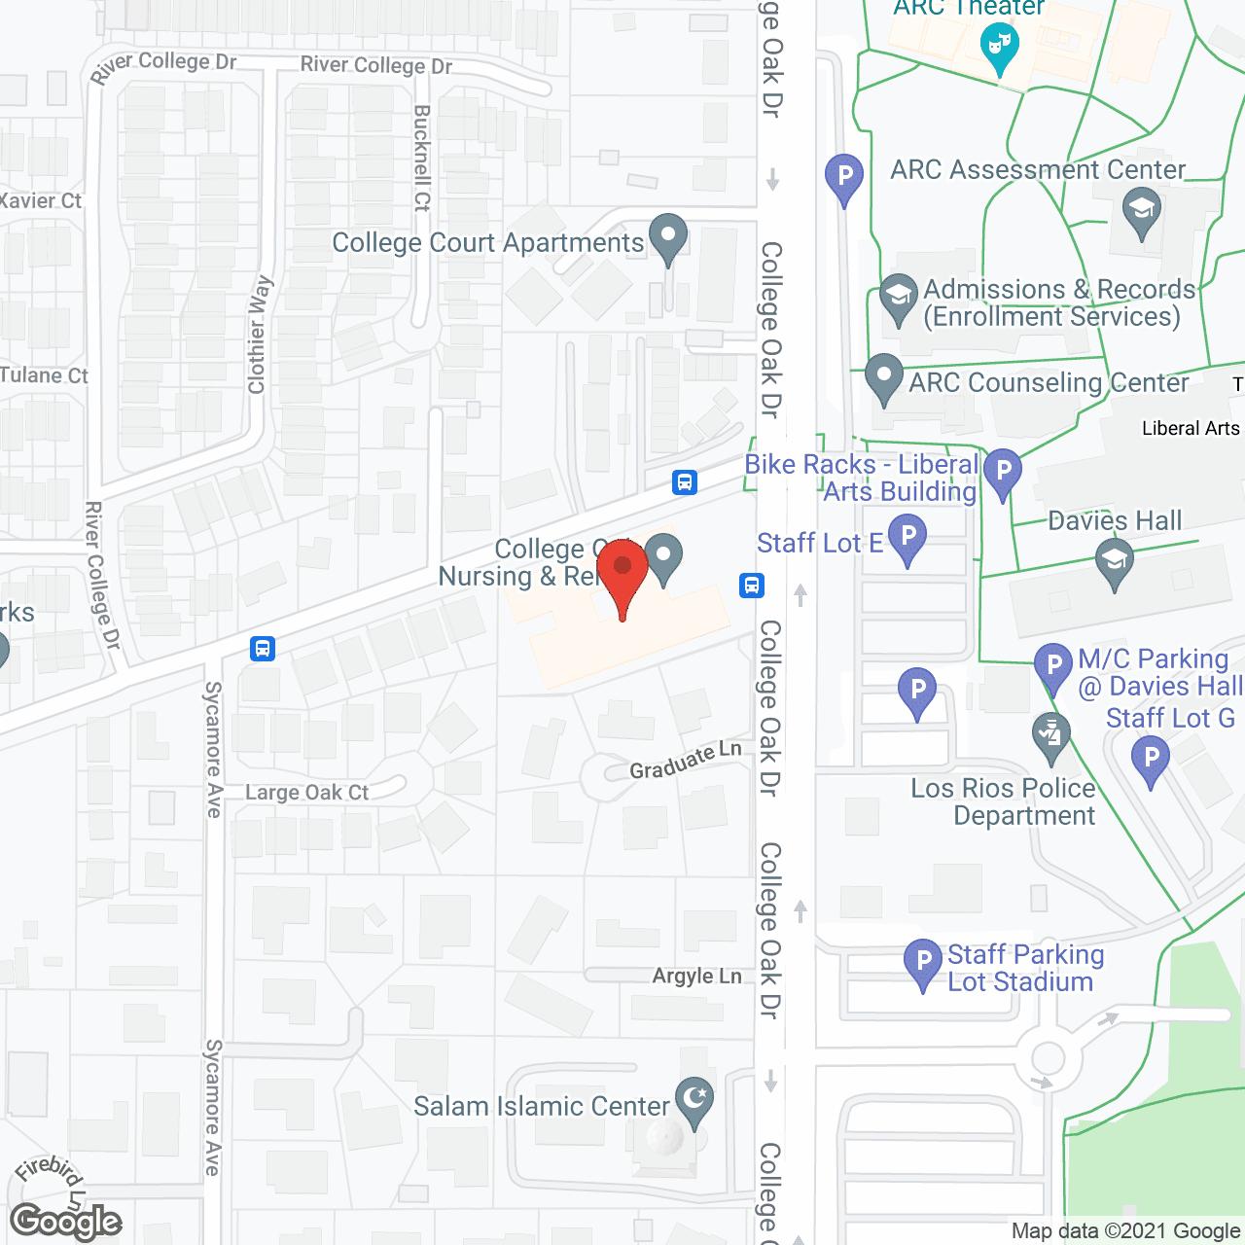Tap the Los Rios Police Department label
(1003, 801)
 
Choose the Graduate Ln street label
(685, 761)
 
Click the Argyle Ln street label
(696, 976)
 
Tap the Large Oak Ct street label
(306, 793)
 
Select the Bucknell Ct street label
(422, 158)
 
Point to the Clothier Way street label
(258, 335)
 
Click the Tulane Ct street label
(44, 375)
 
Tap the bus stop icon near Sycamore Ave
(263, 648)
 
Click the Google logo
(66, 1222)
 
